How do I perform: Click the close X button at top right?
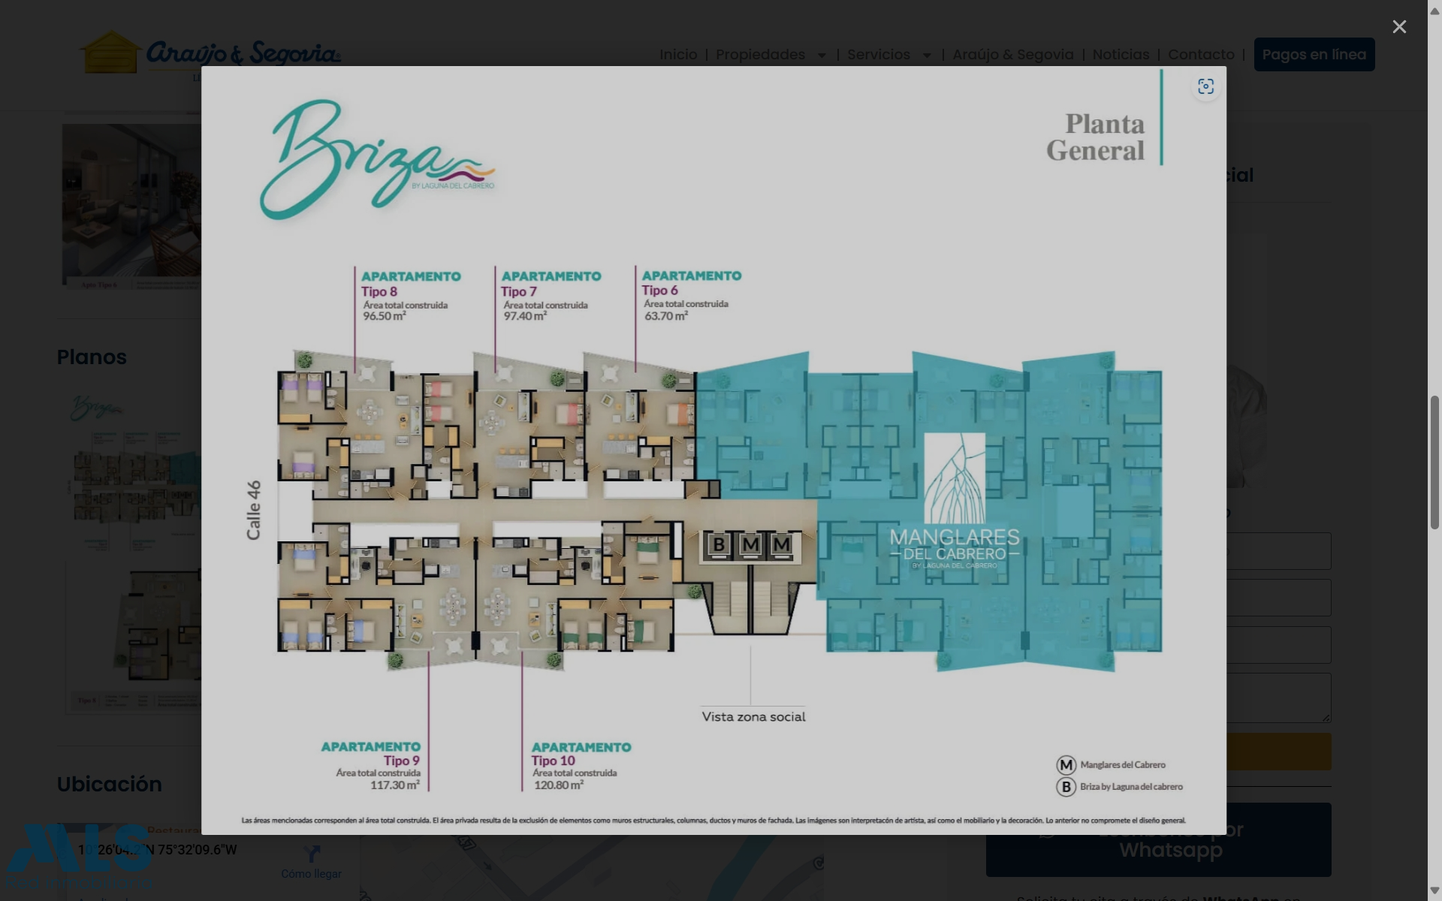(x=1398, y=27)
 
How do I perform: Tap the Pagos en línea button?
(x=1314, y=55)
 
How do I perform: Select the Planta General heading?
(x=1096, y=137)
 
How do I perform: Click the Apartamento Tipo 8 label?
(x=410, y=284)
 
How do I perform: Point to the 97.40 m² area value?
(x=525, y=316)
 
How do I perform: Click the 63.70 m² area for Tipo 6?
(x=665, y=316)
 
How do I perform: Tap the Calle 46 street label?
(x=254, y=510)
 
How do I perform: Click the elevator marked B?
(x=719, y=544)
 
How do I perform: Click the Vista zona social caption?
(x=753, y=717)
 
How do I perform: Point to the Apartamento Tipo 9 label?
(x=371, y=753)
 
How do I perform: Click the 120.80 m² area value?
(x=558, y=785)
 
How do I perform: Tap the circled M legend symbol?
(x=1066, y=765)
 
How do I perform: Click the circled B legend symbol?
(x=1066, y=787)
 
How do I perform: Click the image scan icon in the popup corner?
(x=1205, y=87)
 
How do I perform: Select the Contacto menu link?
(x=1200, y=55)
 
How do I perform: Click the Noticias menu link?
(x=1120, y=55)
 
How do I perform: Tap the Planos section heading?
(x=92, y=357)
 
